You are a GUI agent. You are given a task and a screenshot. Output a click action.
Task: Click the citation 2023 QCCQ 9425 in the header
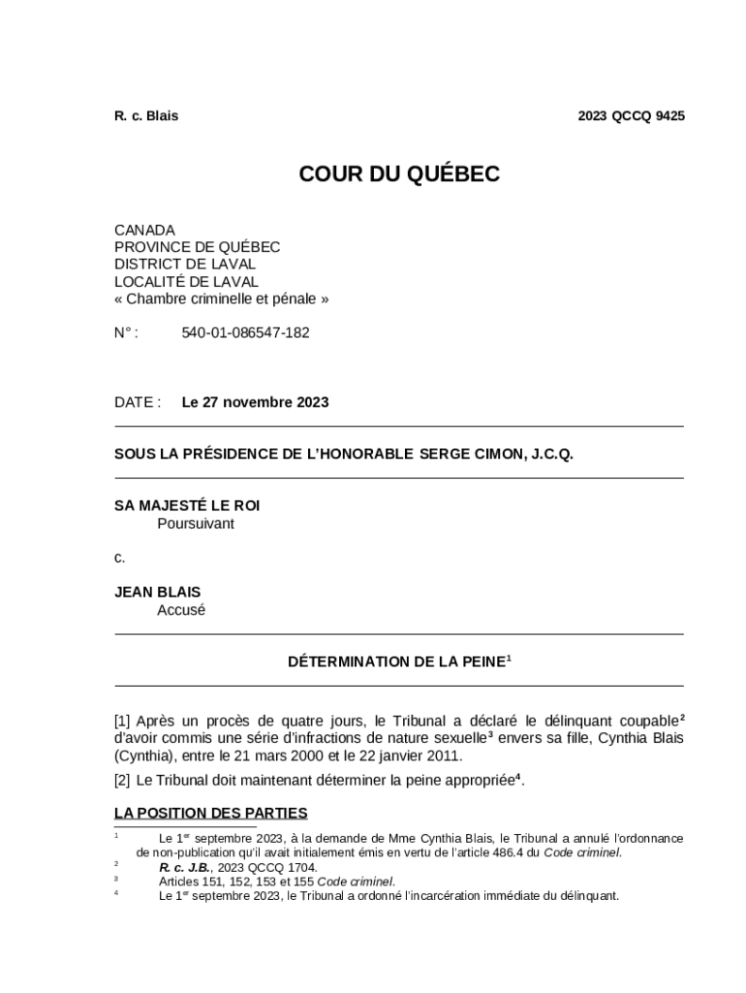point(631,115)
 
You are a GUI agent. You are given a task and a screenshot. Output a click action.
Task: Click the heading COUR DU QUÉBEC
point(399,174)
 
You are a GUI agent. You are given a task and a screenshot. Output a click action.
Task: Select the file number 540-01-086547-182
point(245,333)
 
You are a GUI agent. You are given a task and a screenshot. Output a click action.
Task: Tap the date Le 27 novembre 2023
point(255,401)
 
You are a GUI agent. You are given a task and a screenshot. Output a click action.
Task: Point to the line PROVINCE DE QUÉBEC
point(197,247)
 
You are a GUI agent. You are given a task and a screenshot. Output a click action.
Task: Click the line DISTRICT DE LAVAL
point(185,264)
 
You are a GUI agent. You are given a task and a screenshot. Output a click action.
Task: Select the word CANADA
point(144,230)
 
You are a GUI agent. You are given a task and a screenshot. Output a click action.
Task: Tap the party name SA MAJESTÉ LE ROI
point(187,505)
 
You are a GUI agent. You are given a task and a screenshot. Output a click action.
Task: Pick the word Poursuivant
point(196,524)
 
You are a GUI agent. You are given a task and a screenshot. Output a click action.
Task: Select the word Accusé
point(181,610)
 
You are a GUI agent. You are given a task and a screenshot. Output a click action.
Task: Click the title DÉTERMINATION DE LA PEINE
point(396,661)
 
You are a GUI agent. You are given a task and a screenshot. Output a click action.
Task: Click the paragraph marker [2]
point(122,780)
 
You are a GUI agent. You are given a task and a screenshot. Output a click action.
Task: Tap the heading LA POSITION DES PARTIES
point(210,813)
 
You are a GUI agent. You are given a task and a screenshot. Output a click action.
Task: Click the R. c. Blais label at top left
point(146,115)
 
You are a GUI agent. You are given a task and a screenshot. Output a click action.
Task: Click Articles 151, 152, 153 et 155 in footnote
point(236,881)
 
